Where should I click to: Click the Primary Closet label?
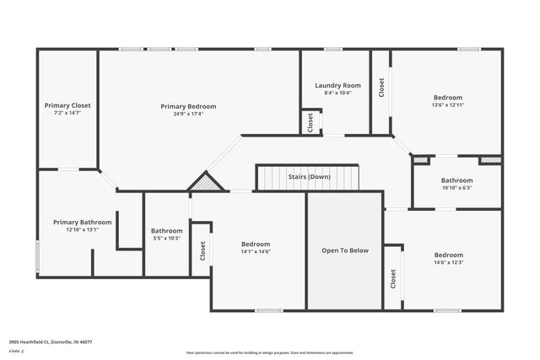click(67, 105)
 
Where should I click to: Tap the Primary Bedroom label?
click(188, 106)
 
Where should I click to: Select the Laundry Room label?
click(337, 85)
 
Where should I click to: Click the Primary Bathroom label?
click(82, 222)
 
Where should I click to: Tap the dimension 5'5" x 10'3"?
click(166, 238)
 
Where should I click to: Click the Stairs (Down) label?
click(308, 177)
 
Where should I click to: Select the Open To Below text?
click(344, 250)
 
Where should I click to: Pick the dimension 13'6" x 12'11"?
click(448, 105)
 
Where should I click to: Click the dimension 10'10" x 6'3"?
click(456, 188)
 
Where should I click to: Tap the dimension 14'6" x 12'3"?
click(448, 262)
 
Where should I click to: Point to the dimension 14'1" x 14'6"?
click(256, 251)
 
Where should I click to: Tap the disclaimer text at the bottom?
click(269, 352)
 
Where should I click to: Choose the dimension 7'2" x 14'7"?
click(67, 113)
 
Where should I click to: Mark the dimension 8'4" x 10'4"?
click(337, 93)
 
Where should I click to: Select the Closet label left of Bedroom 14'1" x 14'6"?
click(202, 250)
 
